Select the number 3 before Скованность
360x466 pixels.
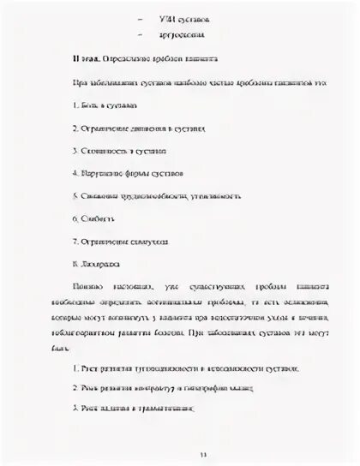click(75, 150)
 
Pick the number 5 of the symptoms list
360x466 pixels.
click(75, 194)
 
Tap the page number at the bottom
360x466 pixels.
click(179, 455)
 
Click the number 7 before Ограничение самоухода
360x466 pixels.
click(75, 239)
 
